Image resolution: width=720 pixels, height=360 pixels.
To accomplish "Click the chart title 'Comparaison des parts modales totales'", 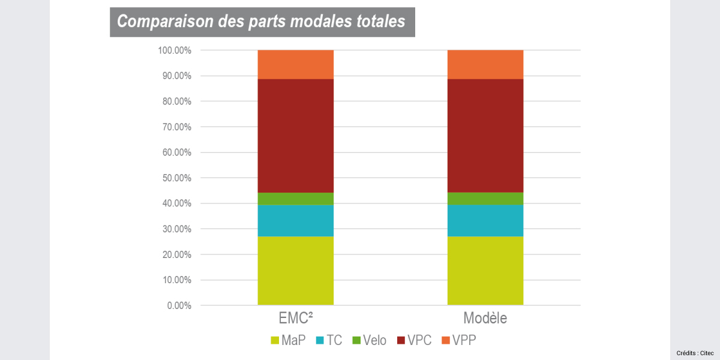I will (x=262, y=22).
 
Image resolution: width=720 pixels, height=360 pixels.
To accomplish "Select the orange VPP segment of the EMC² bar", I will (x=295, y=64).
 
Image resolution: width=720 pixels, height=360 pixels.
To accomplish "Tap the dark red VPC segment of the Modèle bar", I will (x=485, y=136).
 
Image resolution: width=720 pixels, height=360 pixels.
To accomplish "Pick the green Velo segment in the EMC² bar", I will (x=295, y=199).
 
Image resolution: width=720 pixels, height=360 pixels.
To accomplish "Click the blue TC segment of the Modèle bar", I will (x=485, y=220).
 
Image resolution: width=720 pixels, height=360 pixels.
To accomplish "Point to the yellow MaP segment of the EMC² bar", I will (x=295, y=271).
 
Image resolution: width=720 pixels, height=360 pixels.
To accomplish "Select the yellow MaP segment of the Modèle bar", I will (x=485, y=271).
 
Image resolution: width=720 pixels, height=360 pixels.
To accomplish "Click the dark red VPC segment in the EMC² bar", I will (x=295, y=136).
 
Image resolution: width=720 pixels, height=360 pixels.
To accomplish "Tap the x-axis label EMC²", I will (x=295, y=318).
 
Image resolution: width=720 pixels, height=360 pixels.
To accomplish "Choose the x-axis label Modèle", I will (x=485, y=318).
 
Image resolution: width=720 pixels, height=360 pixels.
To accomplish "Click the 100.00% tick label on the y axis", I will (x=175, y=50).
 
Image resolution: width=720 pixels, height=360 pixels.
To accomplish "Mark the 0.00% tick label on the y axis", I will (x=179, y=305).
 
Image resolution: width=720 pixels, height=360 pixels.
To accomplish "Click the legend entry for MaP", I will (x=288, y=340).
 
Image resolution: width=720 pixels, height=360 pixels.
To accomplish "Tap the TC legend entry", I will (x=328, y=340).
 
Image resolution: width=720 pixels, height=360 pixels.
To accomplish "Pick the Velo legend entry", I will (x=369, y=340).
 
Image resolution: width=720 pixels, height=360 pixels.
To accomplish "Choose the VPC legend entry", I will (x=414, y=340).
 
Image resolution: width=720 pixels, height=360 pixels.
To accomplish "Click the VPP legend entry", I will (x=459, y=340).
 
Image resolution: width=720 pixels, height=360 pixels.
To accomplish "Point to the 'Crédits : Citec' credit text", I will (x=694, y=353).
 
